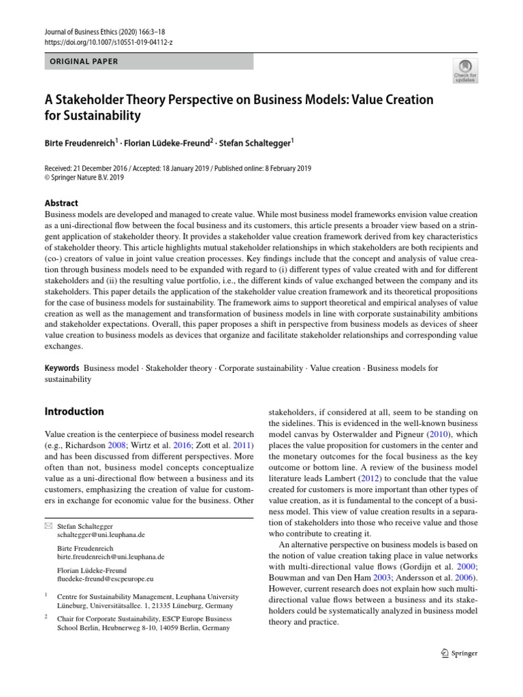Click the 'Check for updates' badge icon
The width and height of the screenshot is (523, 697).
pos(465,70)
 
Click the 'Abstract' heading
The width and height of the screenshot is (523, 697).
pos(61,203)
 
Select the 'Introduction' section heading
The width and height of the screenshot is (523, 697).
pos(74,411)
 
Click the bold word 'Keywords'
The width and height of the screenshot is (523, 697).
pos(62,368)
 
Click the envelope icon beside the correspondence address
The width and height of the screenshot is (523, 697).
pos(48,527)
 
